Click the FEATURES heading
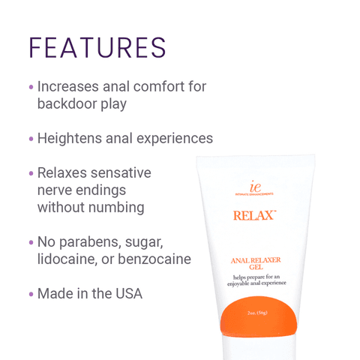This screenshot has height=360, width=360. pyautogui.click(x=97, y=46)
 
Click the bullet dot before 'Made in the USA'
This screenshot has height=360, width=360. pyautogui.click(x=31, y=294)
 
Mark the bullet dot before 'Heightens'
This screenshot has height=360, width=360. pyautogui.click(x=31, y=139)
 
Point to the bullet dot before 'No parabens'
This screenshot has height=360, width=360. pyautogui.click(x=31, y=243)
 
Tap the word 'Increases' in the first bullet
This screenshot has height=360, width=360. pyautogui.click(x=69, y=87)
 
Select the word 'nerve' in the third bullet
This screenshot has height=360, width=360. pyautogui.click(x=55, y=190)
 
